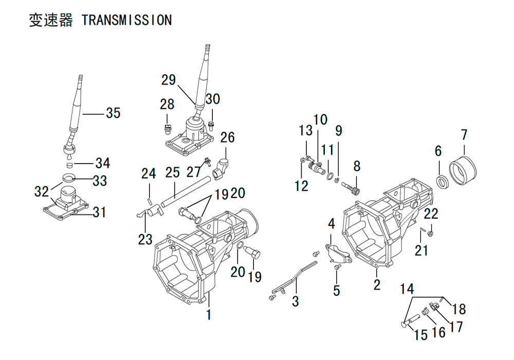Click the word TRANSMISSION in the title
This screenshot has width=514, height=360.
tap(126, 20)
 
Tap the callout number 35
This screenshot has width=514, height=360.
tap(113, 113)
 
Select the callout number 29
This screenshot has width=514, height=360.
tap(169, 80)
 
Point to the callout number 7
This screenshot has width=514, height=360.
tap(464, 134)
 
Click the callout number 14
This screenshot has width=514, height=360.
tap(407, 289)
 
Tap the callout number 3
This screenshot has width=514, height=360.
tap(296, 301)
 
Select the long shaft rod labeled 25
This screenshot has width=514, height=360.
tap(186, 196)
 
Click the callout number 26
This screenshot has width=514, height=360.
tap(227, 137)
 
